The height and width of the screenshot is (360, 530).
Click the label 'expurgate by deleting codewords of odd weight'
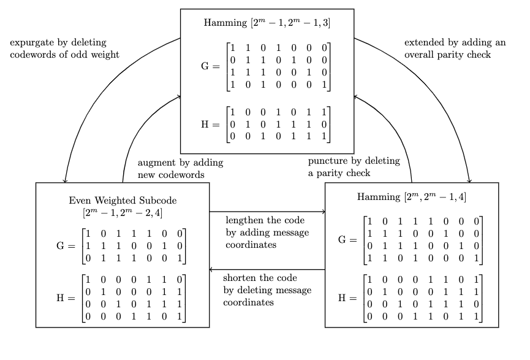point(58,48)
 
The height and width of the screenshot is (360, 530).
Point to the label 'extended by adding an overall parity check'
point(448,48)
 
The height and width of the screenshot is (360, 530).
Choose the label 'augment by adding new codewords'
point(180,169)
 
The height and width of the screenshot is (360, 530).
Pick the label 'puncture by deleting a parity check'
point(354,167)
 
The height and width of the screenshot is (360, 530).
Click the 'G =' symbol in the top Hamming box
point(210,66)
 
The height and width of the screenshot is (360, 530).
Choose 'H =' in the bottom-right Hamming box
point(347,298)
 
